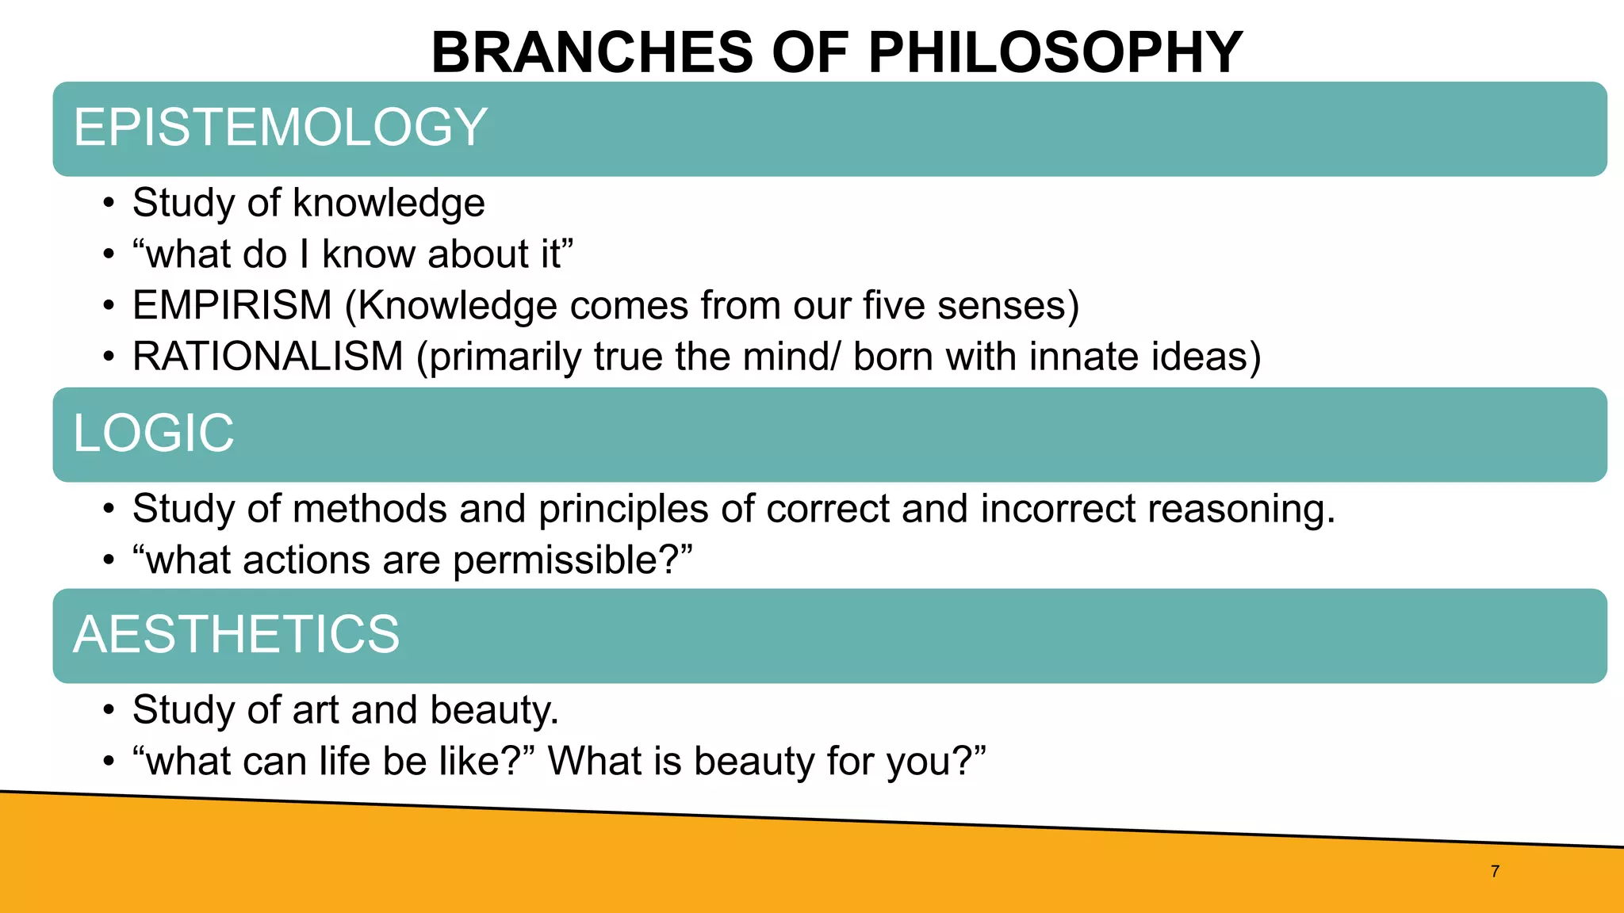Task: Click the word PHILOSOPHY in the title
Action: click(x=1055, y=52)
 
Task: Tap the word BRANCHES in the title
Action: click(x=592, y=52)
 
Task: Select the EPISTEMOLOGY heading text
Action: click(x=280, y=127)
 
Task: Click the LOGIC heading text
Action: click(x=154, y=433)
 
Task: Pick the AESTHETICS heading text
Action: click(x=236, y=634)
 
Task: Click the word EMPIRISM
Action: click(x=232, y=305)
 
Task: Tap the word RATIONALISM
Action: click(x=268, y=357)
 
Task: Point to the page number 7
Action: click(x=1495, y=871)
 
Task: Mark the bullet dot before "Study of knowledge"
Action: click(x=109, y=204)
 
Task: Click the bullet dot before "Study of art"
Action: click(x=109, y=710)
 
